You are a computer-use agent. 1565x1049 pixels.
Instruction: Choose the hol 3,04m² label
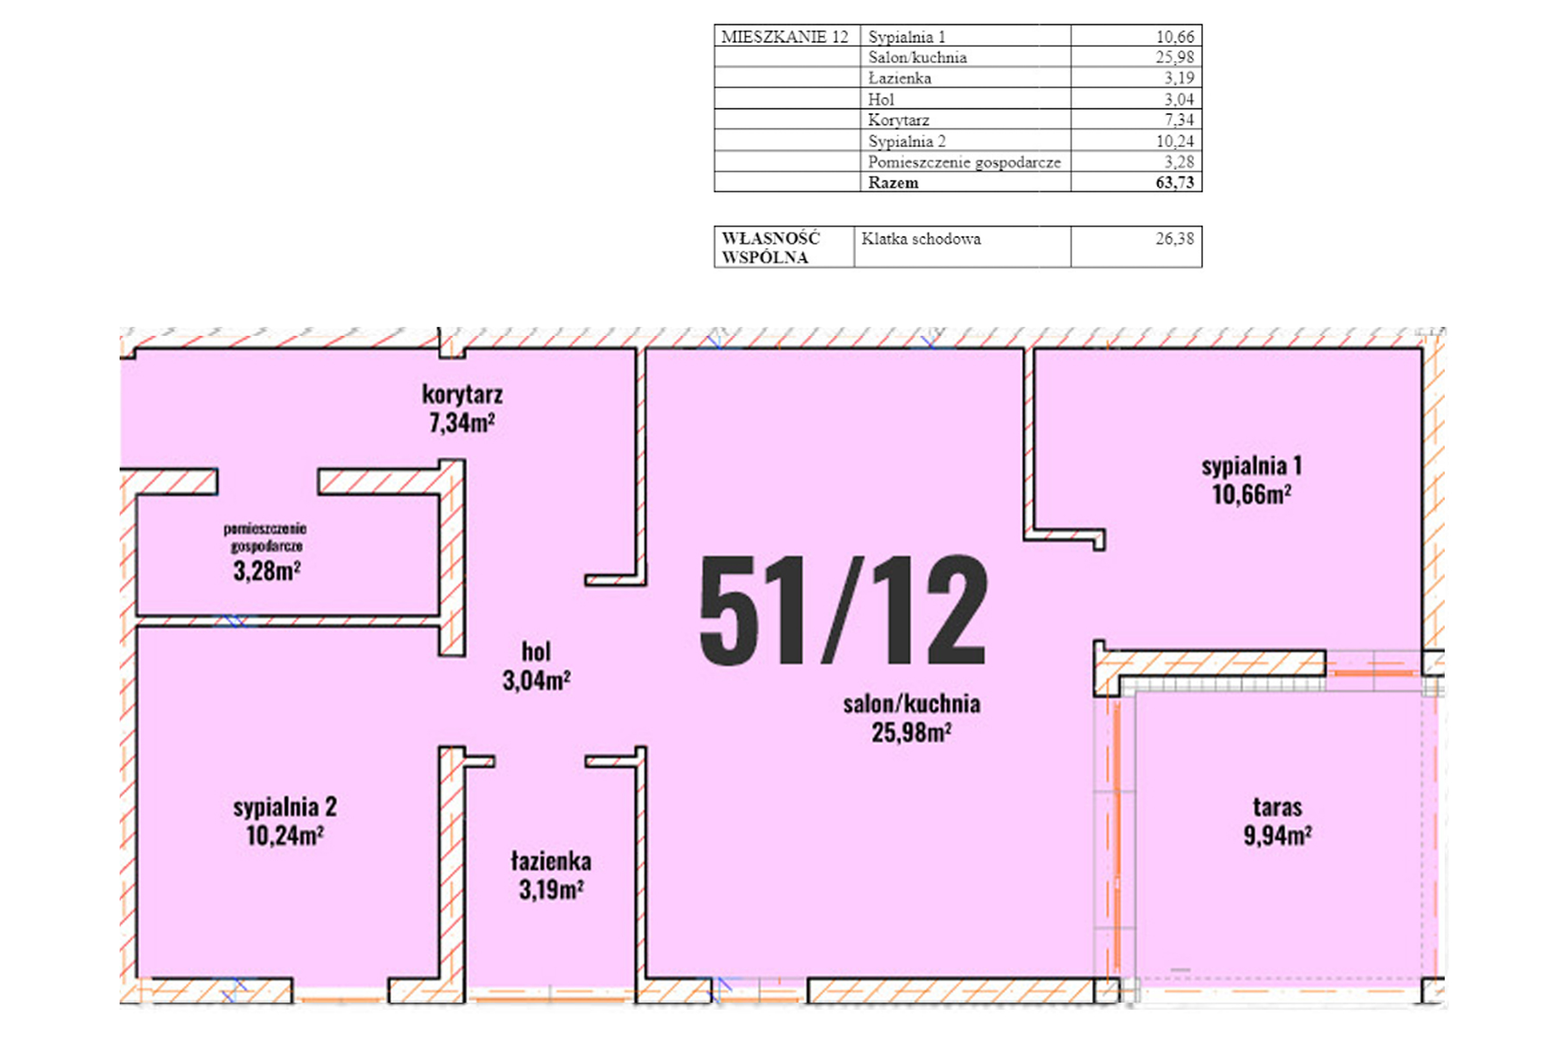click(x=536, y=666)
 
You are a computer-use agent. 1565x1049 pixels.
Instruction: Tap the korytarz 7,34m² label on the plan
click(x=462, y=408)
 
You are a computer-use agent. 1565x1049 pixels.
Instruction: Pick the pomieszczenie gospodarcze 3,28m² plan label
click(x=265, y=552)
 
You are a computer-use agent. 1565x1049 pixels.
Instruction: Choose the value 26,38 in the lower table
click(x=1175, y=239)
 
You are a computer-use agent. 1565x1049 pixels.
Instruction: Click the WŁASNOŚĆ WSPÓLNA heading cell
click(x=771, y=247)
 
